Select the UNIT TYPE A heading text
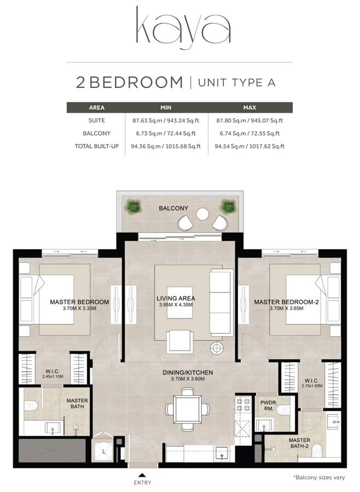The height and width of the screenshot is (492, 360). click(x=236, y=83)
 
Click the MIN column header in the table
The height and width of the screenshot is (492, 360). click(x=166, y=108)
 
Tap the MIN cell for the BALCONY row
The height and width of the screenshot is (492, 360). click(x=166, y=133)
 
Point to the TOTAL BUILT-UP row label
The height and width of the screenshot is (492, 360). click(x=96, y=147)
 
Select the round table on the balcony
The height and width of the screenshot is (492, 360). click(x=202, y=214)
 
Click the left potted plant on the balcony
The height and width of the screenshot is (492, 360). click(x=133, y=206)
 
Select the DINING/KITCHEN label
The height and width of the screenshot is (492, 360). click(x=188, y=373)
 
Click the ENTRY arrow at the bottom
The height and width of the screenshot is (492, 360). click(x=142, y=475)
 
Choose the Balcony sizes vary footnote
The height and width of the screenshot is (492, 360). click(x=318, y=478)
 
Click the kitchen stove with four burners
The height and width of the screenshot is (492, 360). click(x=242, y=403)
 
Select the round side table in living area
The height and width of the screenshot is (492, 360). click(x=217, y=348)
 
